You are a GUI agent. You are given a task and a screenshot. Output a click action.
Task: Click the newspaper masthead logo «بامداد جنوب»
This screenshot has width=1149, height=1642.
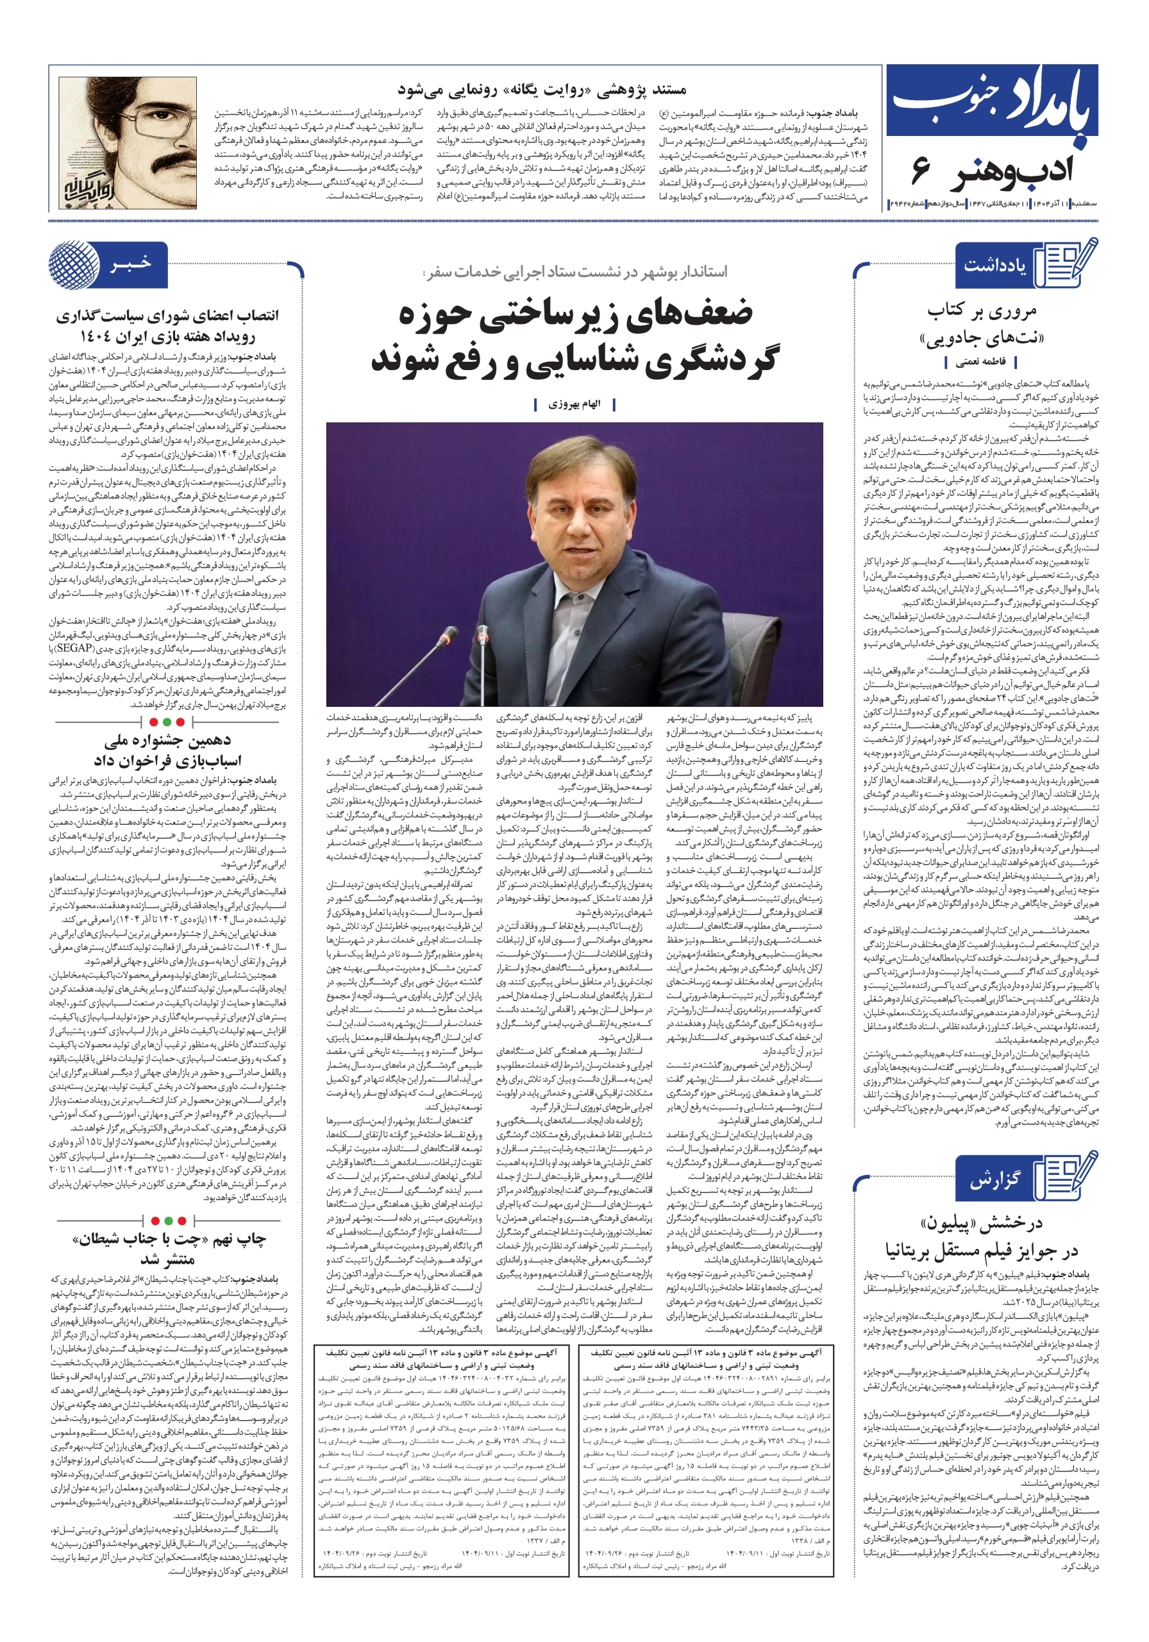click(992, 102)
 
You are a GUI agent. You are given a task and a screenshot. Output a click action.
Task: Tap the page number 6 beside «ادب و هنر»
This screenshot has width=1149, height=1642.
click(921, 171)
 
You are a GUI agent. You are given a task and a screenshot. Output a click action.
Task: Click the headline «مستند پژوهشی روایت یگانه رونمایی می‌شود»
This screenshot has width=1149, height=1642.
click(541, 90)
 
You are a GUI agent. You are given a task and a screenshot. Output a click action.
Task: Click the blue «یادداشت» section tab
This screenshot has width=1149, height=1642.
click(994, 266)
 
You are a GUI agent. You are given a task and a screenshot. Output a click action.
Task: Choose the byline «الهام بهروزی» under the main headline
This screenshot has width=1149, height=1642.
click(574, 405)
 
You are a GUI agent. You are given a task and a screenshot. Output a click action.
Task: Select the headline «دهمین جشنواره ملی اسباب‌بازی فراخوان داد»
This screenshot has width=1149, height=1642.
click(167, 750)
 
